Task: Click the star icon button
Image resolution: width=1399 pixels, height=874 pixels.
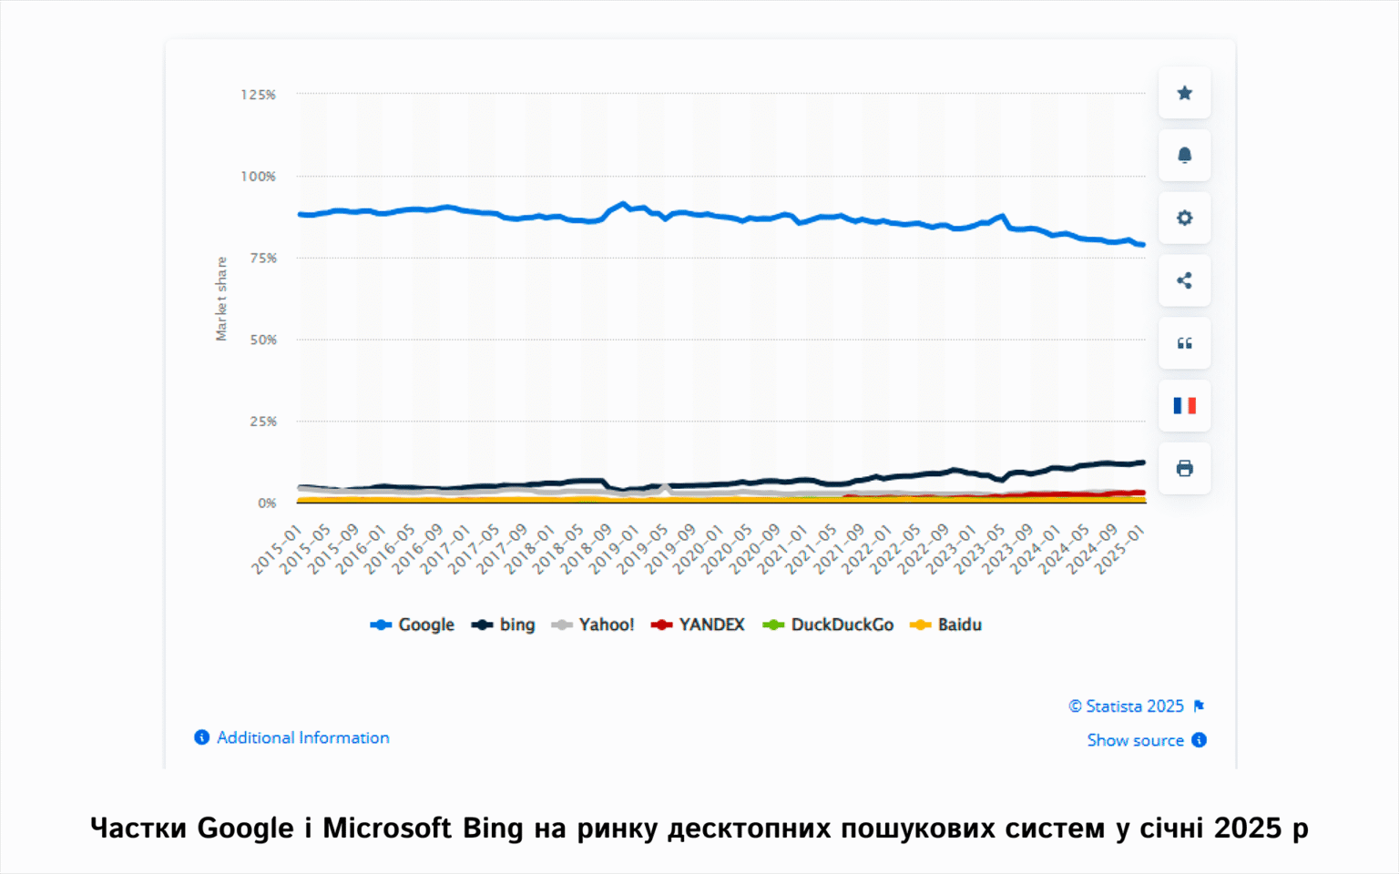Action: (1184, 93)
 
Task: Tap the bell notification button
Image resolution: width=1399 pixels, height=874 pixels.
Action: (1184, 156)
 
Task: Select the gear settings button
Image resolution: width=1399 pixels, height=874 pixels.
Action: (1184, 218)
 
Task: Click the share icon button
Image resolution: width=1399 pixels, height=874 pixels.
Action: (1184, 280)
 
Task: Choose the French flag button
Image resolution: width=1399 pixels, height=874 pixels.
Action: (1184, 406)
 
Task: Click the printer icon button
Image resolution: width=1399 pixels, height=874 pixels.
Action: (1184, 469)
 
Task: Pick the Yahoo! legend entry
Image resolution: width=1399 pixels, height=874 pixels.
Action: (594, 625)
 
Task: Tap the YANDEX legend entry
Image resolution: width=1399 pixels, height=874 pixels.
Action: (699, 625)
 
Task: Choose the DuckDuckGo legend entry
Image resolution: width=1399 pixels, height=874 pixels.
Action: (829, 625)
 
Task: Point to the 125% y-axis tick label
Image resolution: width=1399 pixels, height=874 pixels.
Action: (258, 95)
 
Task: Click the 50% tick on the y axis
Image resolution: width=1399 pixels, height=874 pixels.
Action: (262, 340)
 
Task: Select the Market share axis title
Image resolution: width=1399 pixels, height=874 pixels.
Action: (221, 299)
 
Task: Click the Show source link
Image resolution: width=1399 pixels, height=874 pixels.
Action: (1135, 740)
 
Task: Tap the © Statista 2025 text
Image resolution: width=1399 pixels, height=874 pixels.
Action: (1126, 706)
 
